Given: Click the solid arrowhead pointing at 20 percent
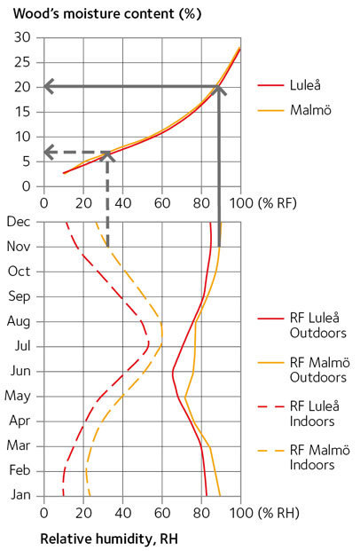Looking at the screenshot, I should click(49, 86).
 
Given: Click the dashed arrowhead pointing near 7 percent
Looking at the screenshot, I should click(49, 152).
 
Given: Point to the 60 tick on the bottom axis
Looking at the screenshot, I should click(161, 512).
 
